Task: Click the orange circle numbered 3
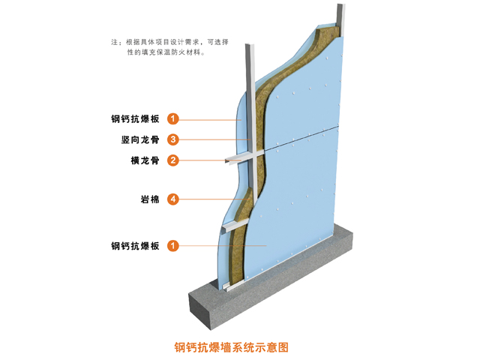[173, 139]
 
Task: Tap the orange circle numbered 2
[173, 160]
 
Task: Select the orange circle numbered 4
[173, 199]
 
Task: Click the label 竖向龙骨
[141, 139]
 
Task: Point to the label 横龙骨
[145, 160]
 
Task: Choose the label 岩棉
[150, 199]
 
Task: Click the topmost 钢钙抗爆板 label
[135, 118]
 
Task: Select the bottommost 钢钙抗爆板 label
[135, 245]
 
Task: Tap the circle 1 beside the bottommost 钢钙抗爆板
[173, 245]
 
